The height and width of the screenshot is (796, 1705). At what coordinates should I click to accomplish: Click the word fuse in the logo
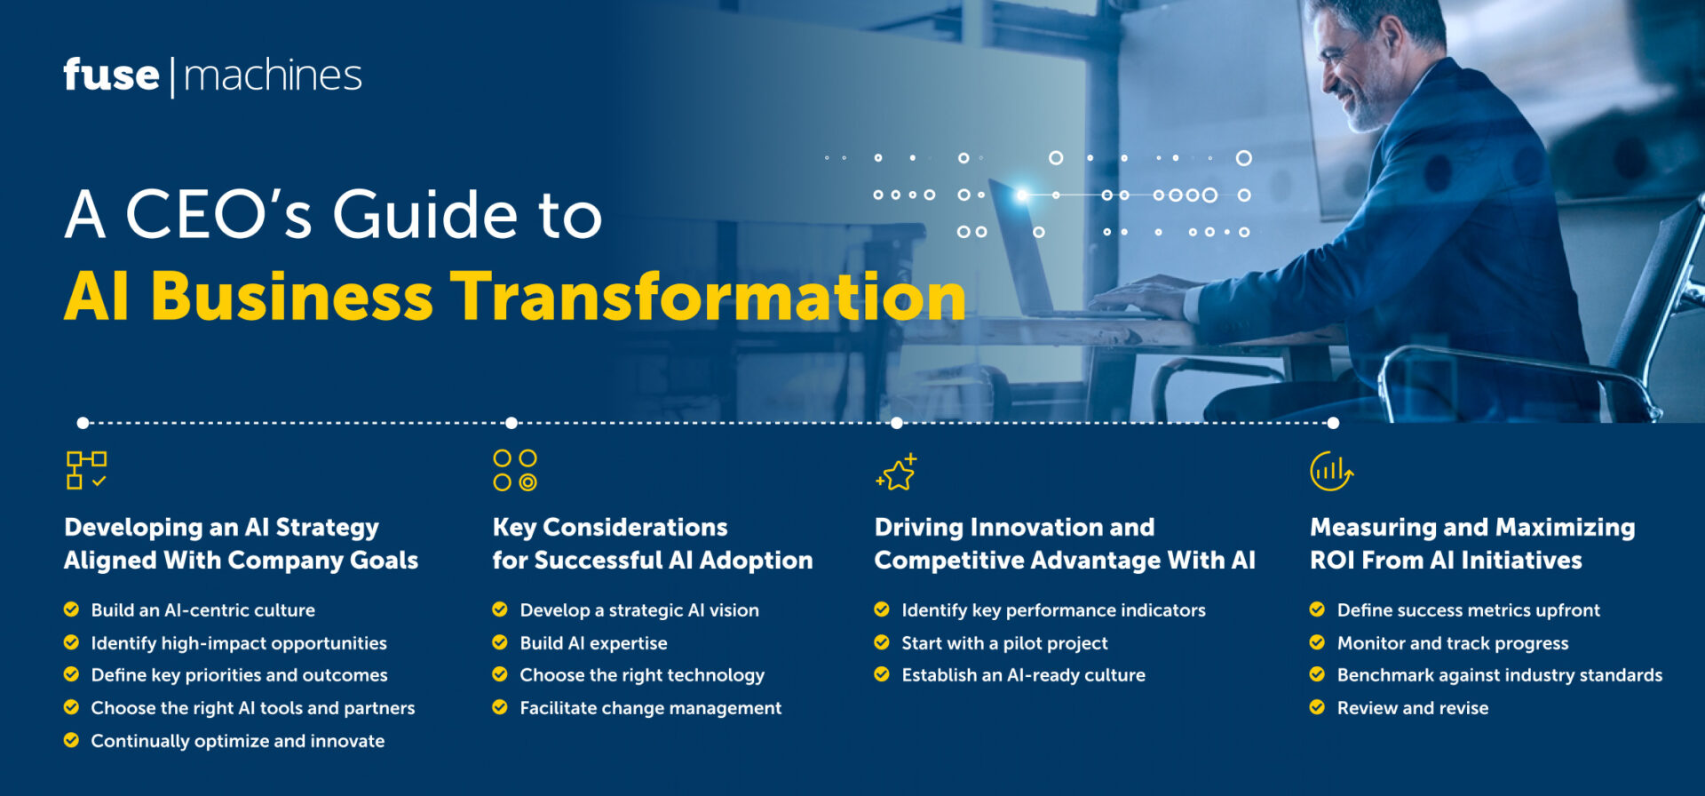pos(111,76)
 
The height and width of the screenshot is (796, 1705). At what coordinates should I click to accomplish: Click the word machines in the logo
pos(273,76)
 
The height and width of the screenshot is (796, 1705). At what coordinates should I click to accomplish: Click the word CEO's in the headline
pos(218,215)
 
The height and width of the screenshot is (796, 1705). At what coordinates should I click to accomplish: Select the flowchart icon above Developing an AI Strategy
pos(86,470)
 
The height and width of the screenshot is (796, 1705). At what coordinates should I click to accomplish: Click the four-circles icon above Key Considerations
pos(515,470)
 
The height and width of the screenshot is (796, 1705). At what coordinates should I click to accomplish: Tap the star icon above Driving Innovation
pos(896,473)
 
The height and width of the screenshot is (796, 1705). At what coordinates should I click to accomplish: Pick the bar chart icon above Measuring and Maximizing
pos(1330,471)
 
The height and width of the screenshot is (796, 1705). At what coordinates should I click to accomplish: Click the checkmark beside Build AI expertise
pos(500,642)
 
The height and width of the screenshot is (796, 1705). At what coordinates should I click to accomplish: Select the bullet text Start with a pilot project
pos(1004,643)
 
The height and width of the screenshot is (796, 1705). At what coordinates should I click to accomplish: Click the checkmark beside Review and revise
pos(1317,707)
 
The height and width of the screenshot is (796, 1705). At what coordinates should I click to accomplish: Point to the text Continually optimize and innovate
pos(237,741)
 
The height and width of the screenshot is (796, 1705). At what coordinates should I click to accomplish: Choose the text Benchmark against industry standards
pos(1499,675)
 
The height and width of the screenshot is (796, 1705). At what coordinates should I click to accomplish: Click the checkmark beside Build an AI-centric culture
pos(71,609)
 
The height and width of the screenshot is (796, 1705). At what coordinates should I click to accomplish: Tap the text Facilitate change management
pos(650,708)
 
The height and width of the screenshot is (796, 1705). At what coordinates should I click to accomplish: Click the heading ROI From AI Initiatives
pos(1446,561)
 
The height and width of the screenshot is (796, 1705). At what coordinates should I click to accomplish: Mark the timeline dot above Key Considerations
pos(511,423)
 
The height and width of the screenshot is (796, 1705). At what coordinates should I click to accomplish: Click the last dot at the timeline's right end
pos(1333,423)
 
